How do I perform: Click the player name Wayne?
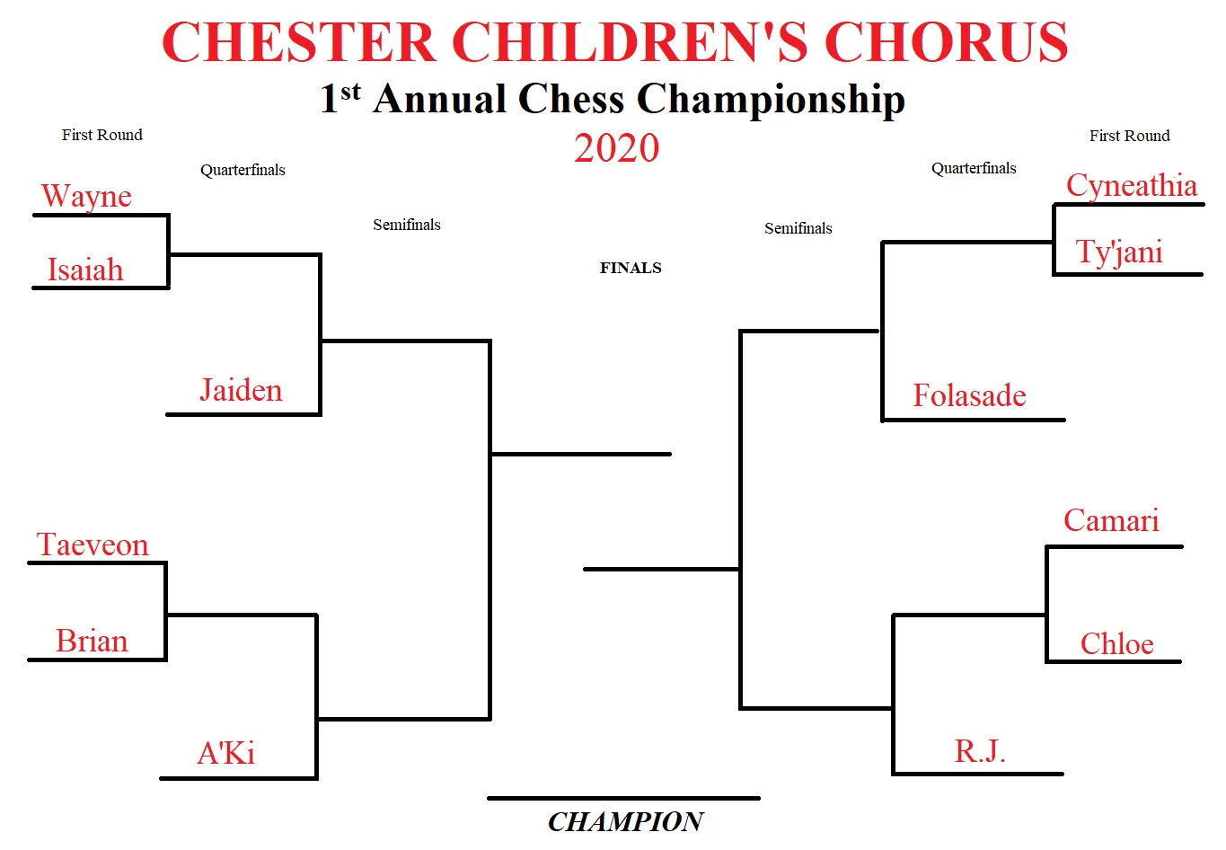point(86,196)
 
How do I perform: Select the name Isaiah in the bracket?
point(85,270)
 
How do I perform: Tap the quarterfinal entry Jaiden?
point(241,390)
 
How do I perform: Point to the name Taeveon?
point(93,545)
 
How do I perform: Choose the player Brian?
point(92,641)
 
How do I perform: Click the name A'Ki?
point(226,753)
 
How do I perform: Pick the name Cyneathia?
point(1132,186)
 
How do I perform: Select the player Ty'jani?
point(1119,252)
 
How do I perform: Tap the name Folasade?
point(969,394)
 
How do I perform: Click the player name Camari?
point(1111,519)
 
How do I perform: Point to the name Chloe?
point(1117,643)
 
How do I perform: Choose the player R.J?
point(980,750)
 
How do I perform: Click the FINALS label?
point(631,268)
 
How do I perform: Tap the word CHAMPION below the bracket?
point(626,821)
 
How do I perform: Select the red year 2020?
point(617,148)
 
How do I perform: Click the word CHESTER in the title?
point(299,42)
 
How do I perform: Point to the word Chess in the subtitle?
point(571,99)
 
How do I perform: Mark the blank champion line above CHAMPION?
point(623,798)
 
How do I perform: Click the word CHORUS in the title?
point(946,42)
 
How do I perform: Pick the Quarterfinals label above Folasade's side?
point(974,168)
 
